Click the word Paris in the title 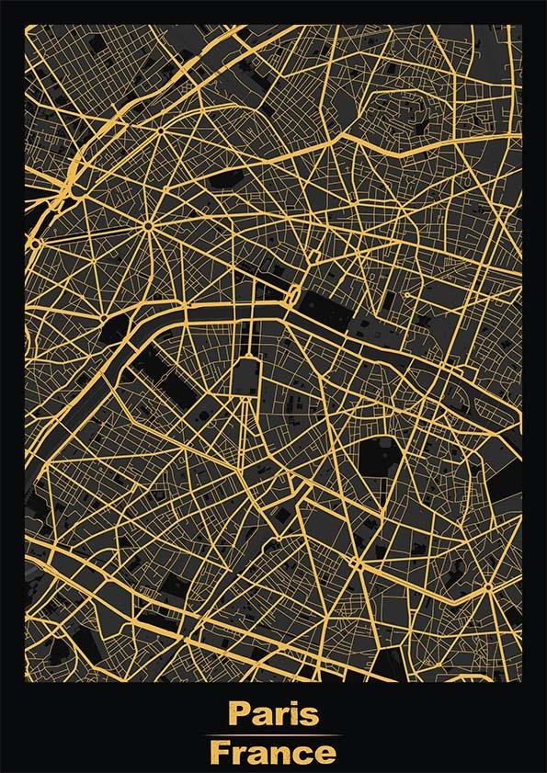click(273, 714)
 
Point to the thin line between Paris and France click(273, 734)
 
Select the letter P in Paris click(239, 714)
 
